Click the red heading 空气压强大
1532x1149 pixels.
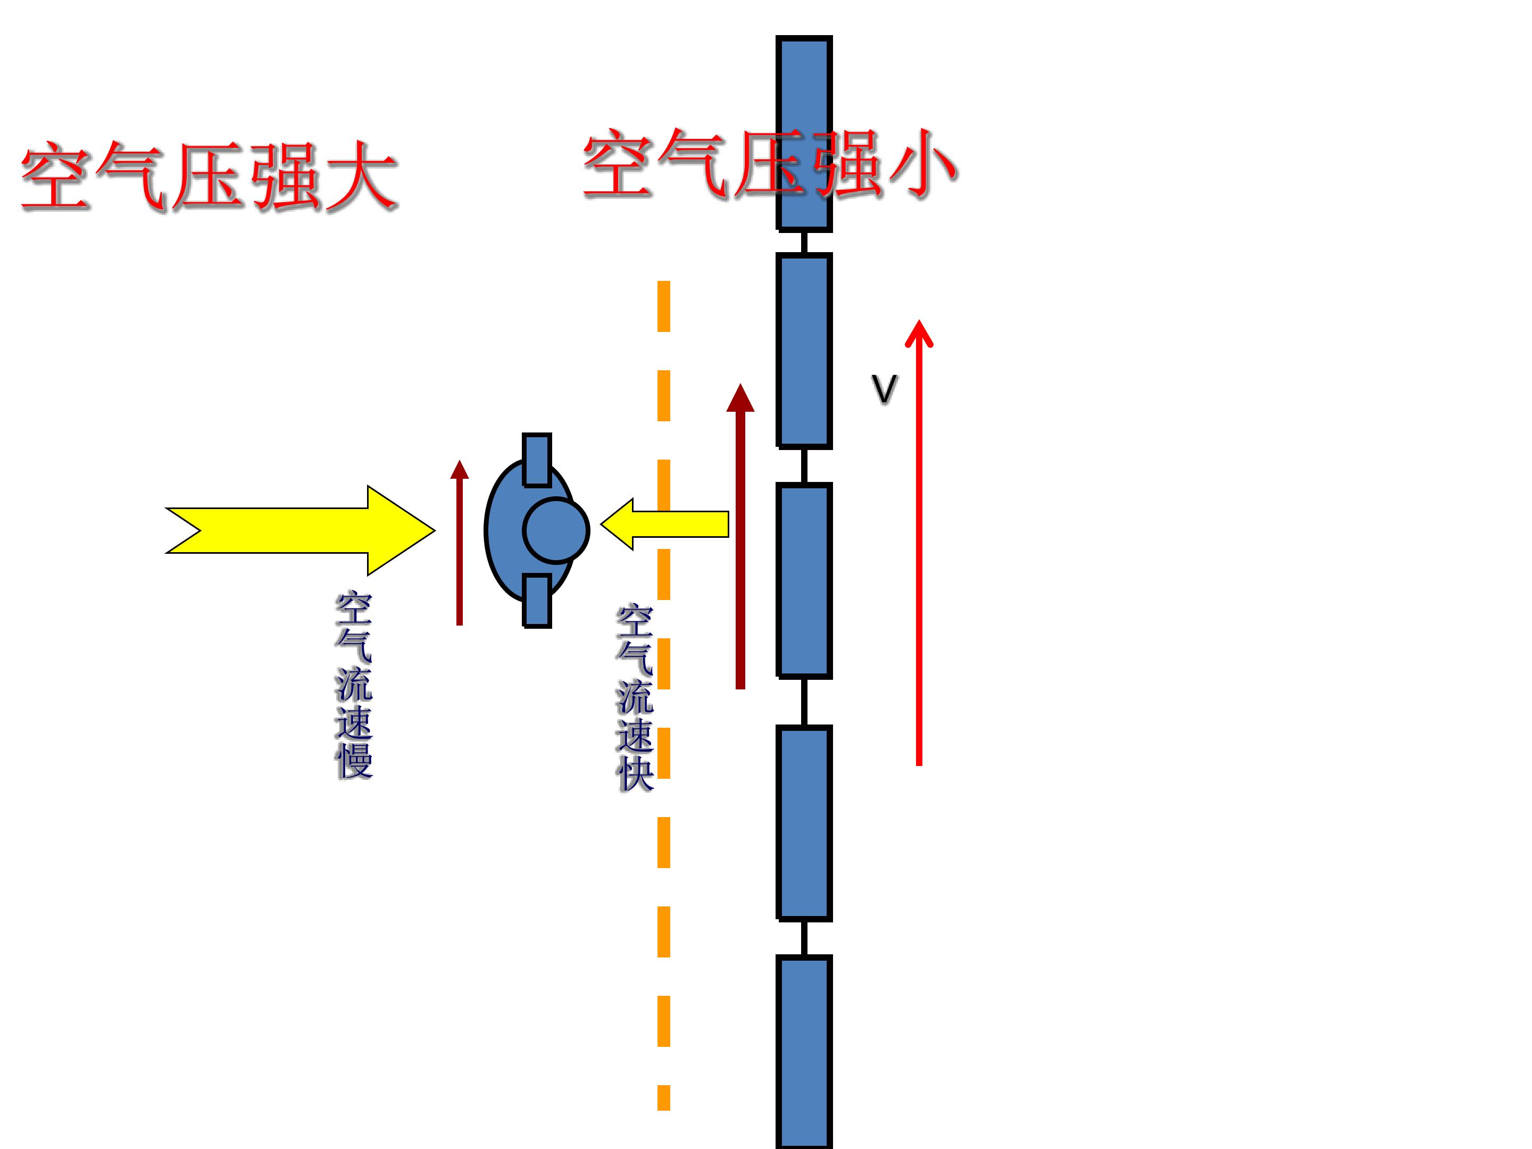pos(209,177)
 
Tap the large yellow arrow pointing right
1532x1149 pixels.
pos(300,530)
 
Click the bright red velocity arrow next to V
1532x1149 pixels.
pos(919,542)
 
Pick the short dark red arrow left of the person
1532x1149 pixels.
pos(459,542)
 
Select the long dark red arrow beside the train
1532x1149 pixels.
pos(740,536)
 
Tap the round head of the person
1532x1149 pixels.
pos(555,530)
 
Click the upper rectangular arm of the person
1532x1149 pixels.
pos(537,460)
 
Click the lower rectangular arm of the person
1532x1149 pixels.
pos(537,601)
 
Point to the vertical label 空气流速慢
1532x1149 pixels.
pos(354,685)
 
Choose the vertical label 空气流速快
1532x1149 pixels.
pos(635,698)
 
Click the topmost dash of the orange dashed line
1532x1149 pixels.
pos(663,306)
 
